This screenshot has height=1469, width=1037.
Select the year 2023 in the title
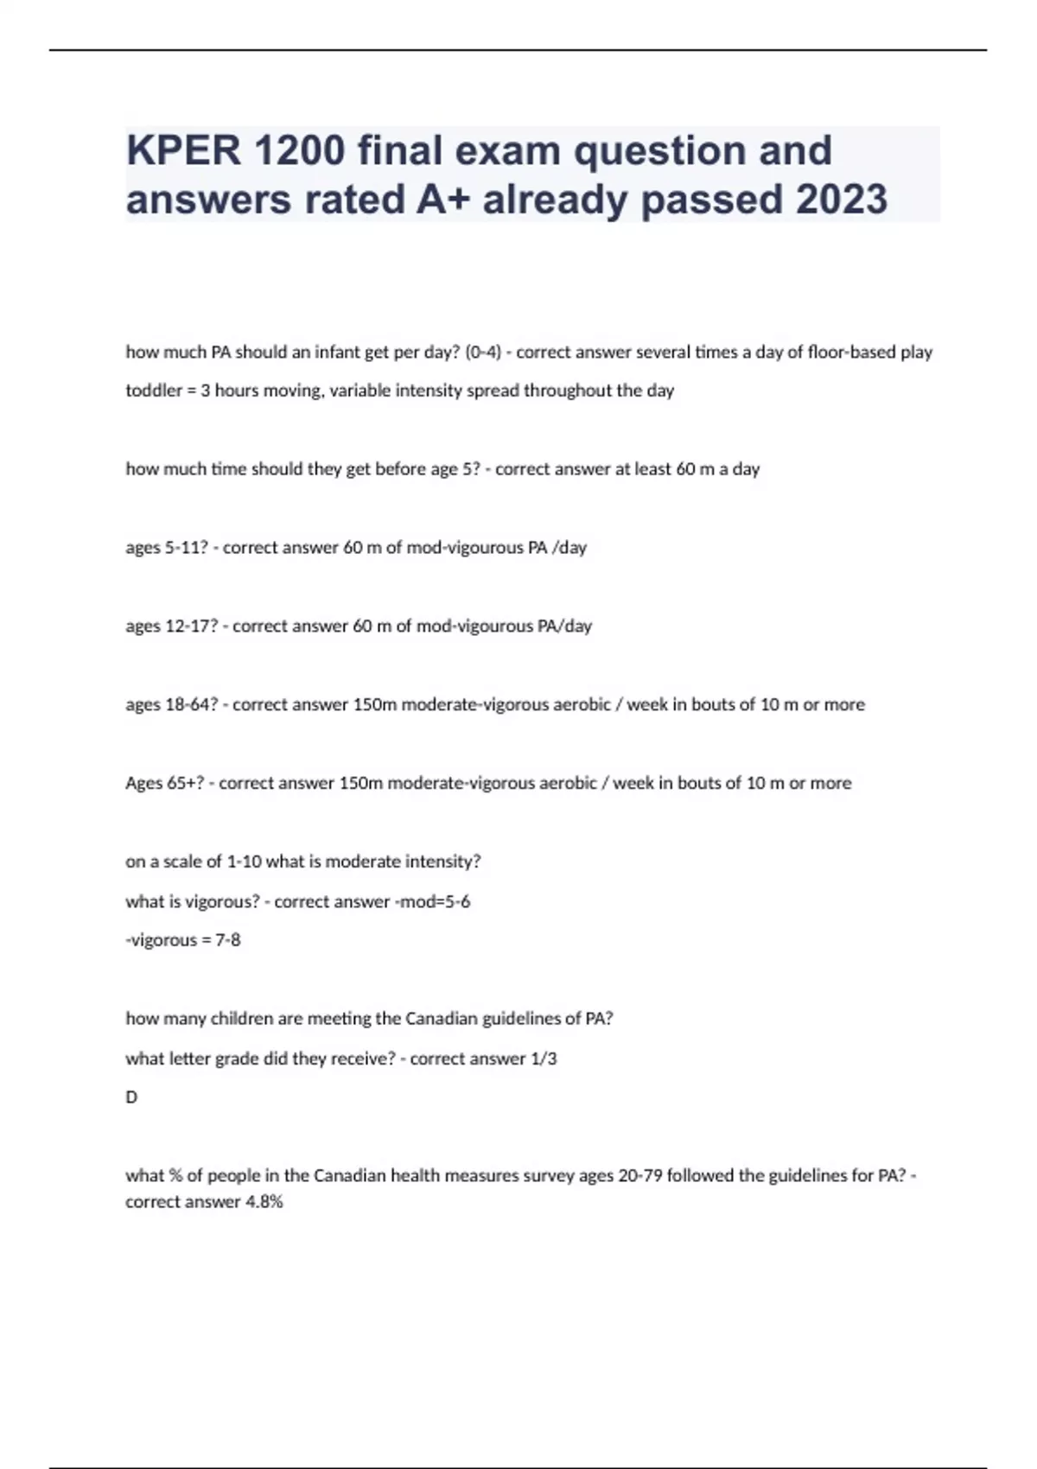coord(841,199)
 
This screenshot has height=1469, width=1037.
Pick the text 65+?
coord(183,784)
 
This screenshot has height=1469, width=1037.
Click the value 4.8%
coord(264,1202)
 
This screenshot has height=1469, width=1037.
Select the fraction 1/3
coord(544,1059)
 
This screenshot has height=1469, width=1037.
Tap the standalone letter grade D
coord(131,1097)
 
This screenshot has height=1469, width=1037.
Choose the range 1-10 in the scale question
coord(244,862)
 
